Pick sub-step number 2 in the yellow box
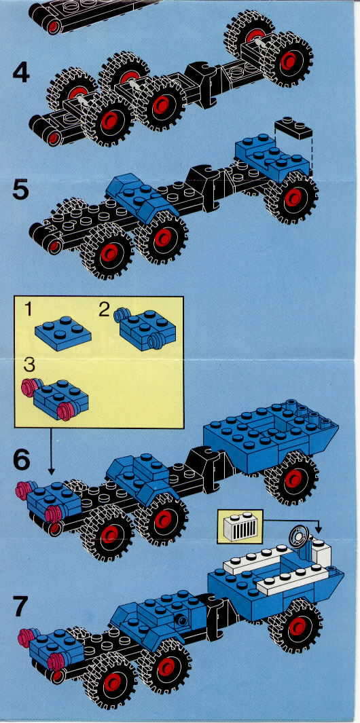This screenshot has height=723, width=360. click(x=105, y=310)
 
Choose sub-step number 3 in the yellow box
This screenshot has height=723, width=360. click(x=29, y=366)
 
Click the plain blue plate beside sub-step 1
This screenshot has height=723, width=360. click(x=62, y=333)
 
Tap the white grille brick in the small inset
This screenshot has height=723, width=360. click(x=239, y=526)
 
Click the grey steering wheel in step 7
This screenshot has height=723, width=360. click(x=298, y=537)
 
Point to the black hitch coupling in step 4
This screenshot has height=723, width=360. click(x=204, y=84)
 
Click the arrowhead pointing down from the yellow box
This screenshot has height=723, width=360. click(x=51, y=471)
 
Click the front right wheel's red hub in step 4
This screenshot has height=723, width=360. click(x=289, y=60)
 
